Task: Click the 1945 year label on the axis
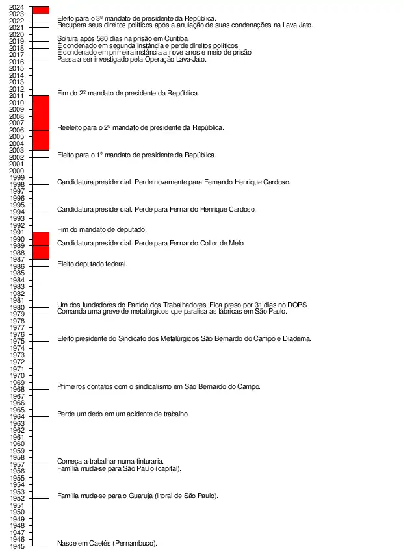pyautogui.click(x=18, y=546)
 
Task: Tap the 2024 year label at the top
pyautogui.click(x=18, y=7)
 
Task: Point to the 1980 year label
pyautogui.click(x=18, y=307)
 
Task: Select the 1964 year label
pyautogui.click(x=18, y=416)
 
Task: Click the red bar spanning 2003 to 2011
pyautogui.click(x=42, y=123)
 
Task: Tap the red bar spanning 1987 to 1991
pyautogui.click(x=42, y=245)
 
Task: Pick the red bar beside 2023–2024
pyautogui.click(x=42, y=10)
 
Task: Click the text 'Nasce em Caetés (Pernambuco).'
pyautogui.click(x=107, y=543)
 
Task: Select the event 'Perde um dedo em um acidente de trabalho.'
pyautogui.click(x=123, y=414)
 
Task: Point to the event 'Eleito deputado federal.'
pyautogui.click(x=92, y=264)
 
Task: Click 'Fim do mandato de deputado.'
pyautogui.click(x=102, y=229)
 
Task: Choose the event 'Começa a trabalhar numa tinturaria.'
pyautogui.click(x=110, y=461)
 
